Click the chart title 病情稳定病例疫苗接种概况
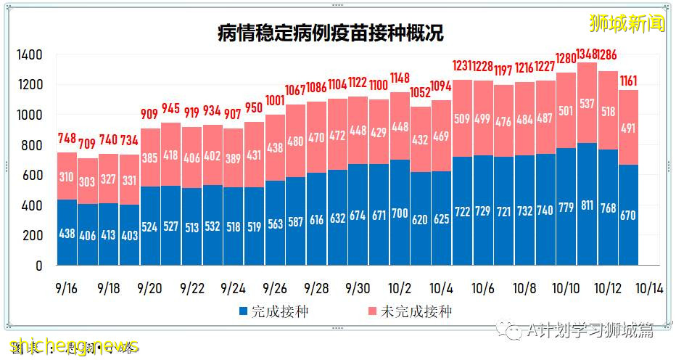[x=330, y=33]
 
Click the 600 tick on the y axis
[x=33, y=176]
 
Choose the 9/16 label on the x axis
[x=67, y=287]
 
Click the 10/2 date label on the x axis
[x=400, y=287]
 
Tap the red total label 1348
[x=588, y=54]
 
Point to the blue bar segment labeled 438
[x=67, y=232]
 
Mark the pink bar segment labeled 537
[x=588, y=103]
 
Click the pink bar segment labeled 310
[x=67, y=176]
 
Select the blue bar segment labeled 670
[x=629, y=215]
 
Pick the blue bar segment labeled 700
[x=400, y=213]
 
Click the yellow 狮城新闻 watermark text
[x=627, y=23]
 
